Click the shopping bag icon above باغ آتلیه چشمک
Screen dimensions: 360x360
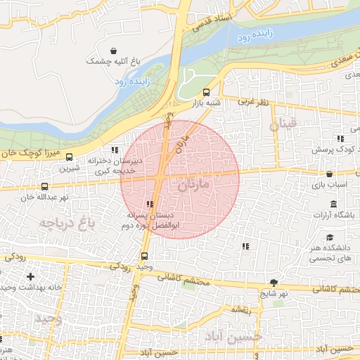(x=110, y=49)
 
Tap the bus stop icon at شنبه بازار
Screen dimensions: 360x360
(x=206, y=92)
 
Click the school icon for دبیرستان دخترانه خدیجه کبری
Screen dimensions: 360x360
(x=115, y=150)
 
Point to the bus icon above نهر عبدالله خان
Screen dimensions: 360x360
(x=46, y=186)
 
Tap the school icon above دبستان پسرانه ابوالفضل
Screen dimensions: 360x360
(x=149, y=204)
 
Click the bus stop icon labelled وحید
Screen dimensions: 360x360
(x=145, y=257)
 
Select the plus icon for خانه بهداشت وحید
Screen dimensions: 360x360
(x=30, y=277)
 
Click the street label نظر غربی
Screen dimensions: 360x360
(x=253, y=103)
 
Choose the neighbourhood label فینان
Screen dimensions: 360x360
(x=283, y=125)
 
